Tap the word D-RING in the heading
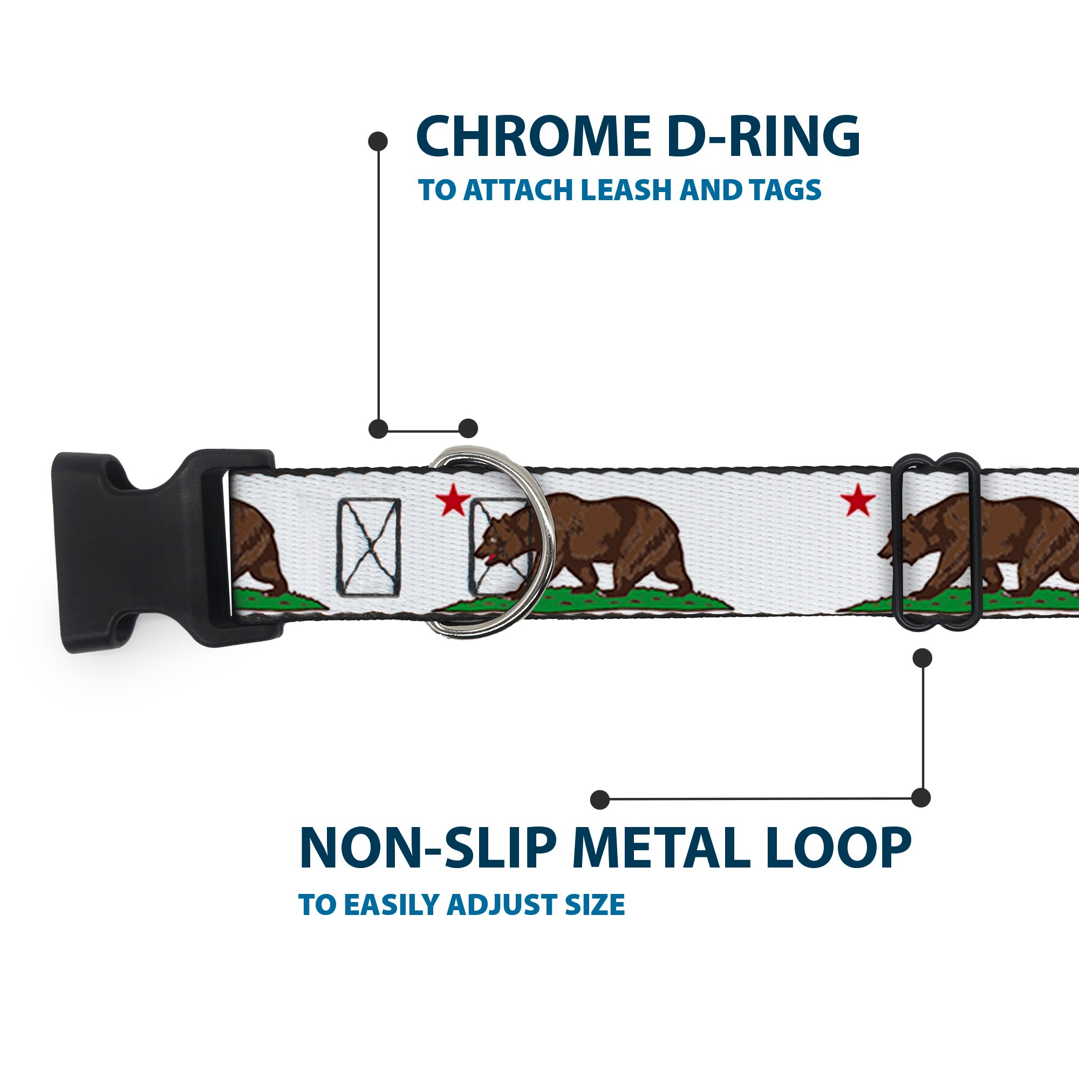point(763,138)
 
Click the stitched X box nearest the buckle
point(368,547)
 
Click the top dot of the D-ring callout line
point(378,141)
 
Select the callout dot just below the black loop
point(922,658)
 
